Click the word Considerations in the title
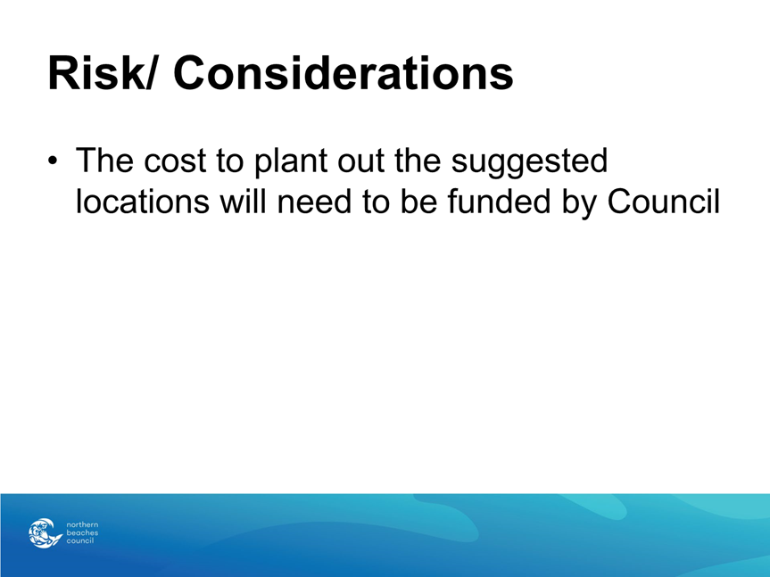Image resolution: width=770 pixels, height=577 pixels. [344, 73]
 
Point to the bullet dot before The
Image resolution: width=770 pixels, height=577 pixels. [53, 161]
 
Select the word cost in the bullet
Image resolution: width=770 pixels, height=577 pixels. [175, 161]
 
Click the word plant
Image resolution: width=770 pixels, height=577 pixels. [291, 161]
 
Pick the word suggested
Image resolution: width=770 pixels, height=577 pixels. [529, 161]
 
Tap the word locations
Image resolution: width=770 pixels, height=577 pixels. [143, 202]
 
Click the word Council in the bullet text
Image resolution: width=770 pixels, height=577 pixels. [664, 201]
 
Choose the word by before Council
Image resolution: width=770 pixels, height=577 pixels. [579, 202]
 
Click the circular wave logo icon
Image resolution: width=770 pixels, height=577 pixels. [45, 532]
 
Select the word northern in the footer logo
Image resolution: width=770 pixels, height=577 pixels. [82, 524]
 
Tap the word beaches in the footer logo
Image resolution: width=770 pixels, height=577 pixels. [82, 532]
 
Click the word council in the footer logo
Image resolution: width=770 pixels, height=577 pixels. [80, 540]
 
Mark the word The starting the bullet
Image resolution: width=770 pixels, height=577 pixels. [104, 161]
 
